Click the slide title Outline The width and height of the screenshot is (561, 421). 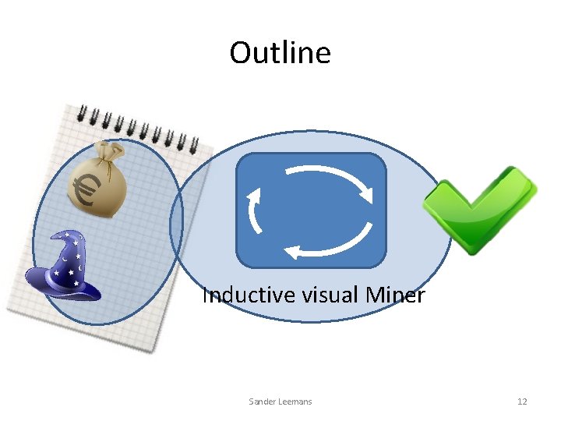[280, 53]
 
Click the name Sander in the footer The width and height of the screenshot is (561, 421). [262, 402]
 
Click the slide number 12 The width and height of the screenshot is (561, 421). [522, 402]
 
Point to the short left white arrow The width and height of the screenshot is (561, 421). [254, 210]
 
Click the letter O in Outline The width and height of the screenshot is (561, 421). [241, 53]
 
